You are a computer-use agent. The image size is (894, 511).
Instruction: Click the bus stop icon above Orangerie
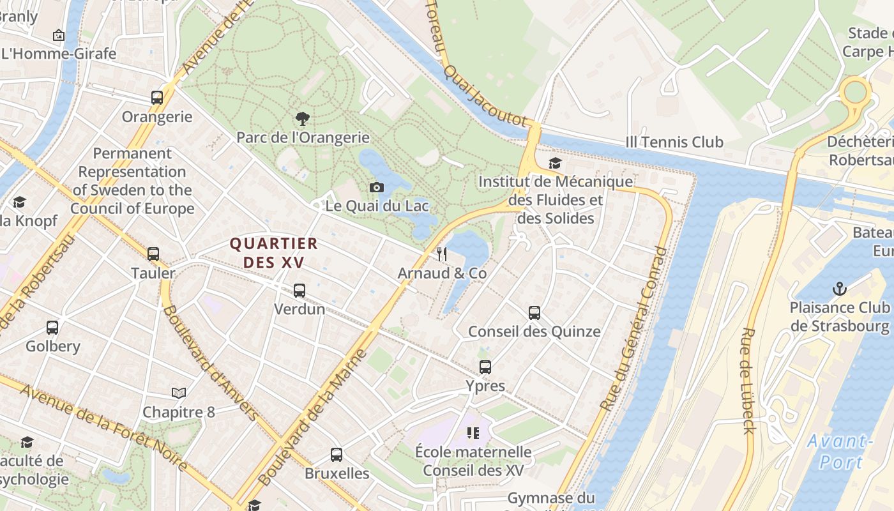point(157,98)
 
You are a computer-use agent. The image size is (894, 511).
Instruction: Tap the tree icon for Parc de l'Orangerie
point(303,118)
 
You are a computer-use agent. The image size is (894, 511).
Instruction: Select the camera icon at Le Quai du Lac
point(377,187)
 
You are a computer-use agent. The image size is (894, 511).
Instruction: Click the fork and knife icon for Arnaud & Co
point(442,254)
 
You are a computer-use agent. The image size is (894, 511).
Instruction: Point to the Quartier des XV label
point(273,253)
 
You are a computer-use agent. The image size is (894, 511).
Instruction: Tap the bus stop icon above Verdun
point(299,291)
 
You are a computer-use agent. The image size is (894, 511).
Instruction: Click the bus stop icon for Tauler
point(153,254)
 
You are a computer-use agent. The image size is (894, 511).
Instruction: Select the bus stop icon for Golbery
point(52,328)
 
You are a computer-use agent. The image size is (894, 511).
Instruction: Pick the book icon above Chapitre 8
point(179,393)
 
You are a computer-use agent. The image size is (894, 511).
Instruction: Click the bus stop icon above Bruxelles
point(337,455)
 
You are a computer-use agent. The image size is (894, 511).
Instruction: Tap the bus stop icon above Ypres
point(485,367)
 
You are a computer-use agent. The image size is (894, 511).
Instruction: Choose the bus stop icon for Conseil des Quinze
point(534,313)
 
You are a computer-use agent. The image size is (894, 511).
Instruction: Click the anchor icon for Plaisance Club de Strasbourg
point(840,289)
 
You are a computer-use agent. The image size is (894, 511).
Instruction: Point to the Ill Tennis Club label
point(674,142)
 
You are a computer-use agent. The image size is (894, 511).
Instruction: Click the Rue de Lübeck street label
point(748,381)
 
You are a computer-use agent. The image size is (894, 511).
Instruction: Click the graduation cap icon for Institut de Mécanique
point(555,163)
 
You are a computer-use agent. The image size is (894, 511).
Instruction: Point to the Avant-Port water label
point(839,452)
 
